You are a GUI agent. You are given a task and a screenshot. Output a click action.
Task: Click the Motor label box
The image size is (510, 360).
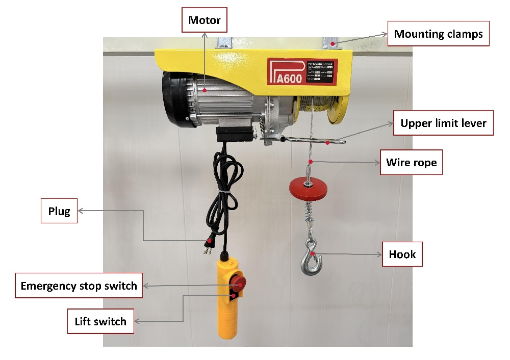point(204,21)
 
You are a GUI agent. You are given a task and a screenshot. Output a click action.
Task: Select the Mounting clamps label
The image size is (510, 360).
point(438,34)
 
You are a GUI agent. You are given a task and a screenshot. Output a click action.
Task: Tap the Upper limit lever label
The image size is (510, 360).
point(443,123)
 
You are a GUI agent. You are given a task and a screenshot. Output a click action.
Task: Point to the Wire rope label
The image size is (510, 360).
point(411,163)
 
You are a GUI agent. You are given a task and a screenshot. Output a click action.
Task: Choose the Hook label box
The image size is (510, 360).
point(402,254)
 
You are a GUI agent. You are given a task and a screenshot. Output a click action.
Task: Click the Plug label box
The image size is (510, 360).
point(59,211)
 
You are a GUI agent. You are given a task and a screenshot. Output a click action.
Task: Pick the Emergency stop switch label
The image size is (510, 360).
point(79,286)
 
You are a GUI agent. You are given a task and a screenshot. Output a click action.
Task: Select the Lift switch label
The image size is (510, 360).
point(100,321)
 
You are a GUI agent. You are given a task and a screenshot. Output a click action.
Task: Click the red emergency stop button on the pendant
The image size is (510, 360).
point(238,282)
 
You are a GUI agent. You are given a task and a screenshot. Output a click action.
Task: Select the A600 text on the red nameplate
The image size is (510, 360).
point(289,79)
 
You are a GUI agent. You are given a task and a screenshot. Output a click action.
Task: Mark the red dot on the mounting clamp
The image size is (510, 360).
point(333,44)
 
